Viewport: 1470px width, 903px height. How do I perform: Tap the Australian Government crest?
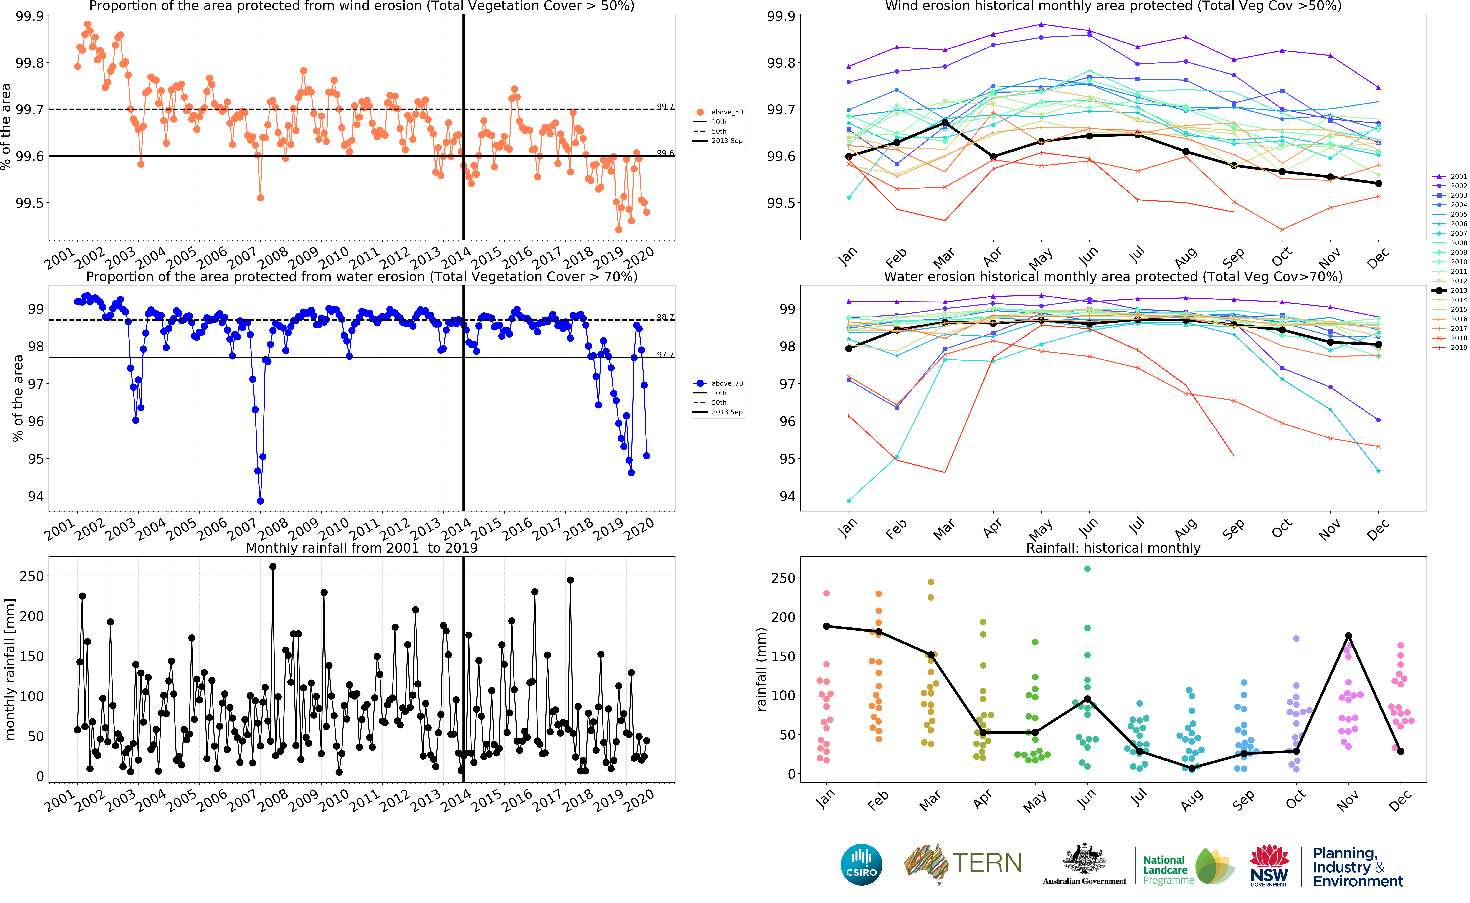coord(1084,860)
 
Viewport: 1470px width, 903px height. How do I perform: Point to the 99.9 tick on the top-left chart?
coord(30,16)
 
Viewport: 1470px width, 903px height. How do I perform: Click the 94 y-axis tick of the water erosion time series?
coord(36,496)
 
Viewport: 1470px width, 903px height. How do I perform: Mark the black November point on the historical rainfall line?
coord(1348,635)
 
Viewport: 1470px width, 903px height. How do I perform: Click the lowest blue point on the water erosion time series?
coord(260,501)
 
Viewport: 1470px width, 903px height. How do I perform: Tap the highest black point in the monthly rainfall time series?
coord(273,567)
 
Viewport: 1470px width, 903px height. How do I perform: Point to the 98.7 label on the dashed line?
coord(665,317)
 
